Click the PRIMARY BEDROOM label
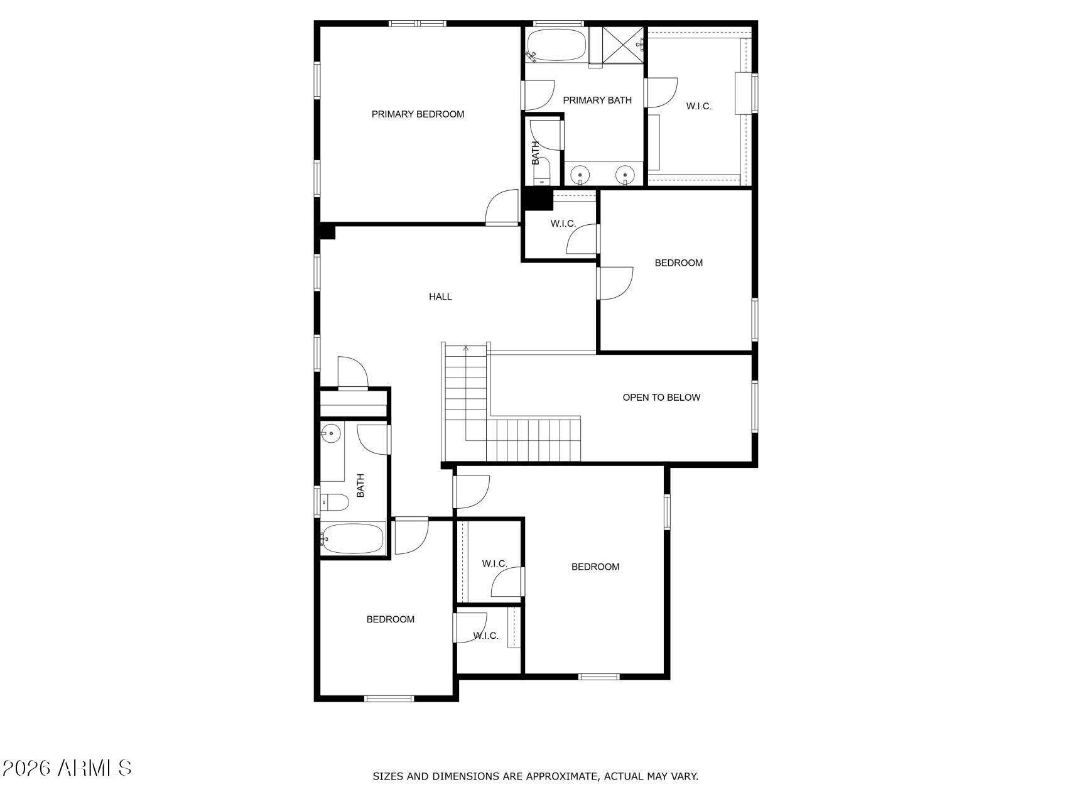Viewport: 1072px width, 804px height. coord(418,114)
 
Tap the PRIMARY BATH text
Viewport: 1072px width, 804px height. coord(597,100)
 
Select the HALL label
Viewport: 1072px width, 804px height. coord(440,296)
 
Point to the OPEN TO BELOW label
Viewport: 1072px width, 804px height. coord(661,397)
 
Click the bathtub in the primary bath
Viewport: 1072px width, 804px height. coord(556,45)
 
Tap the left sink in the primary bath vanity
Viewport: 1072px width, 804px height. coord(581,175)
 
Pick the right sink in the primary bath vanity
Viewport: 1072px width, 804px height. coord(625,175)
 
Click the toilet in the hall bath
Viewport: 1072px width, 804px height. coord(334,503)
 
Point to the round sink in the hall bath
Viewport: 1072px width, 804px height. coord(331,433)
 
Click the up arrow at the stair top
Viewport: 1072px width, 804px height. coord(466,349)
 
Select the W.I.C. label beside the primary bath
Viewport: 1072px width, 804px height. coord(699,106)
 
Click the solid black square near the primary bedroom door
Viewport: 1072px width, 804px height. coord(538,199)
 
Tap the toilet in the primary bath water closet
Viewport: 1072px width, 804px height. coord(542,171)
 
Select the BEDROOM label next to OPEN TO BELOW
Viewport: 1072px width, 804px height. coord(679,263)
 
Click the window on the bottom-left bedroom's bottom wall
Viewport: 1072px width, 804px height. coord(389,698)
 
